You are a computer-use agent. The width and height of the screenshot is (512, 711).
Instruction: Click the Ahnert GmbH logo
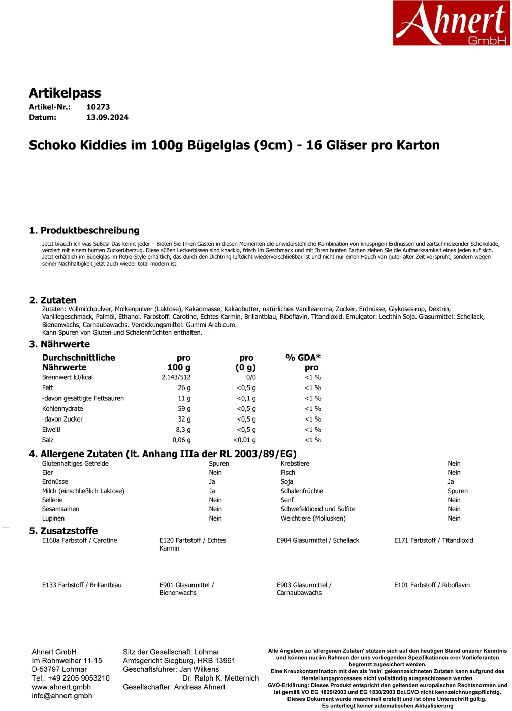click(x=451, y=23)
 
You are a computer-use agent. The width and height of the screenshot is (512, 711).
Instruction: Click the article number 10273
click(x=98, y=107)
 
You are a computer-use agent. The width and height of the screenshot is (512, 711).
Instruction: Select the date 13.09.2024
click(x=107, y=117)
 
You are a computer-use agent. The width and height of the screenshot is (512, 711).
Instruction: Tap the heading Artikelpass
click(x=65, y=93)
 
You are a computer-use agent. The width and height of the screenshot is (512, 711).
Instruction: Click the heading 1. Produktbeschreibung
click(x=84, y=230)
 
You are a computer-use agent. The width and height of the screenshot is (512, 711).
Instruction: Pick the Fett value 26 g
click(x=184, y=388)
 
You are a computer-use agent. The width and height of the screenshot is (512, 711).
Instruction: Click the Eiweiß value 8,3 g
click(x=183, y=430)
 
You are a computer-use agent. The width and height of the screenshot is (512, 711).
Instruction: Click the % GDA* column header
click(x=303, y=358)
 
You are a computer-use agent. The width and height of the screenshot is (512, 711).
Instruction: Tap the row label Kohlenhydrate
click(x=62, y=409)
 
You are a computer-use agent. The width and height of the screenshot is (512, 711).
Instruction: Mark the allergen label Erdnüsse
click(x=55, y=482)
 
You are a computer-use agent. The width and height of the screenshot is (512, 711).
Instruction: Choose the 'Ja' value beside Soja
click(x=451, y=482)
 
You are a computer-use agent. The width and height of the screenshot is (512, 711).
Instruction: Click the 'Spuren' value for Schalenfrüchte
click(x=457, y=491)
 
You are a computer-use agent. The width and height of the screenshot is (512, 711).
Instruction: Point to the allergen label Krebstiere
click(x=295, y=464)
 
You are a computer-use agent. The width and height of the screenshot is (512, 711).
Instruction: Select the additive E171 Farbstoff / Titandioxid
click(x=433, y=540)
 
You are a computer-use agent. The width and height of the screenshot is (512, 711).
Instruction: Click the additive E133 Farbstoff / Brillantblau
click(x=82, y=585)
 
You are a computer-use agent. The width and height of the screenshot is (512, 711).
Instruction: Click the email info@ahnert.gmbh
click(x=62, y=696)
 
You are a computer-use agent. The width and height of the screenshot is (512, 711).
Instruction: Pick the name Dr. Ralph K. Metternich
click(x=220, y=678)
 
